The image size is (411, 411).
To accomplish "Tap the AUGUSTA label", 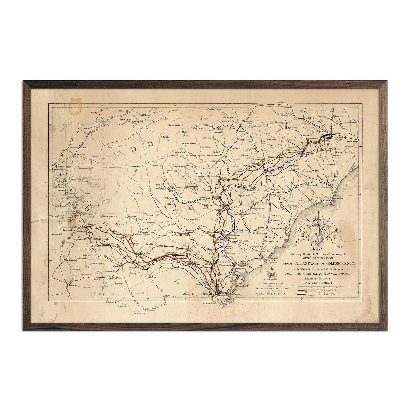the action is (x=182, y=235).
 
